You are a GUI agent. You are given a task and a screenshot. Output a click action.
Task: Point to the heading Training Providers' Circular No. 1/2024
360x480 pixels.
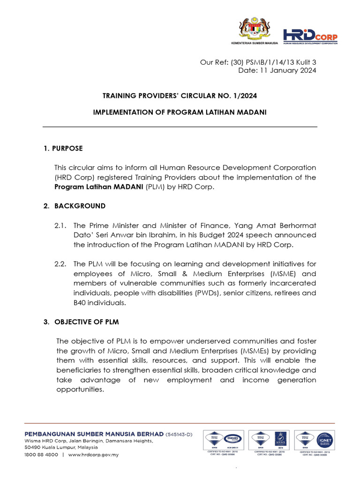180,96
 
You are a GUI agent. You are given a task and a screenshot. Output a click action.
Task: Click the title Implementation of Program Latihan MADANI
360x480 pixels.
180,112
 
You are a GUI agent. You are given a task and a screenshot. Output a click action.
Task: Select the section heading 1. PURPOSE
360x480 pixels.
63,148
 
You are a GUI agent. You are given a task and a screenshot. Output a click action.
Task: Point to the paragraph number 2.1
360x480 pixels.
61,225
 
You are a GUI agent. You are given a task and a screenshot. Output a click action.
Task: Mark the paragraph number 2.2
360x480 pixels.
61,264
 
